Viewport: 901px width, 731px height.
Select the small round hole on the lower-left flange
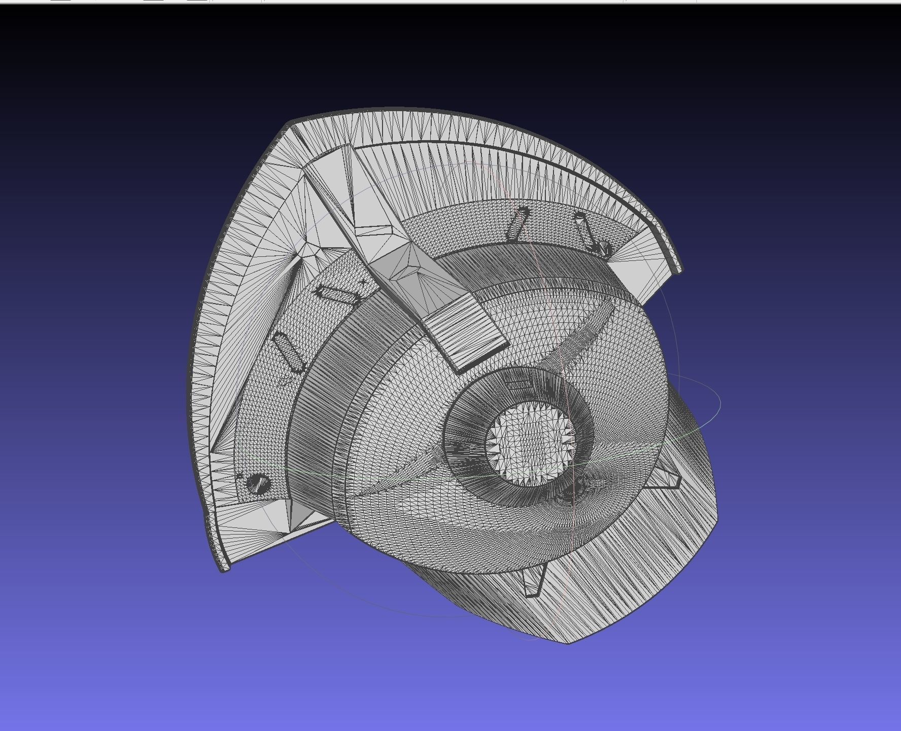pos(258,483)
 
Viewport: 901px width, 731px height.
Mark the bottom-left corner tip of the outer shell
pos(223,569)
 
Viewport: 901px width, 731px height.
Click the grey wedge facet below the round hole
pos(299,515)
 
